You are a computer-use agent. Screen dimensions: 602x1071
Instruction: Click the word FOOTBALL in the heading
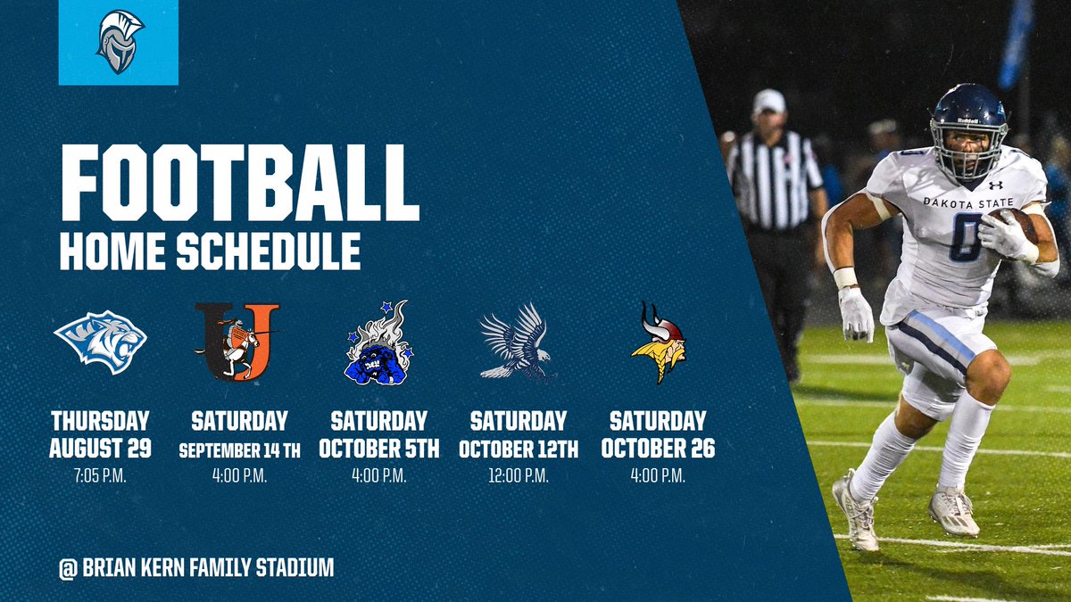[x=239, y=184]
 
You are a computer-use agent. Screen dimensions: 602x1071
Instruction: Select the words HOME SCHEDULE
[x=210, y=251]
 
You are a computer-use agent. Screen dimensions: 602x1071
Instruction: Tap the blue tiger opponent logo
[x=100, y=341]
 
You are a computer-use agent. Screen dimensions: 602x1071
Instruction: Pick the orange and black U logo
[x=237, y=342]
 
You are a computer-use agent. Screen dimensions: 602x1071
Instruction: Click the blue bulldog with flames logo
[x=378, y=345]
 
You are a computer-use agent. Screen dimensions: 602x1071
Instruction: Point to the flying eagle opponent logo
[x=517, y=343]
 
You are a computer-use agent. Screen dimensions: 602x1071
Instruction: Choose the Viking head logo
[x=659, y=342]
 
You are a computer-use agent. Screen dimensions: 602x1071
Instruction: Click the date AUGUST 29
[x=100, y=448]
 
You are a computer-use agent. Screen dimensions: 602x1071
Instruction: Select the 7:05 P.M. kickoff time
[x=100, y=476]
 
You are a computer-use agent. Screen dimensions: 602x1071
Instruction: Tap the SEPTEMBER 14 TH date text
[x=239, y=449]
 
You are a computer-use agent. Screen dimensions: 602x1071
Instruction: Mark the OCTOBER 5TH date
[x=378, y=448]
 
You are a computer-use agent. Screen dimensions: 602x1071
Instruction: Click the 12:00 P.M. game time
[x=518, y=476]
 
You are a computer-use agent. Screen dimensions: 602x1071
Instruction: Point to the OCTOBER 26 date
[x=658, y=448]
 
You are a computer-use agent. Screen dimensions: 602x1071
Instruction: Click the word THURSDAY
[x=100, y=421]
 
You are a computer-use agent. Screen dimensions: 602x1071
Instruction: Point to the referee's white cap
[x=768, y=100]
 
